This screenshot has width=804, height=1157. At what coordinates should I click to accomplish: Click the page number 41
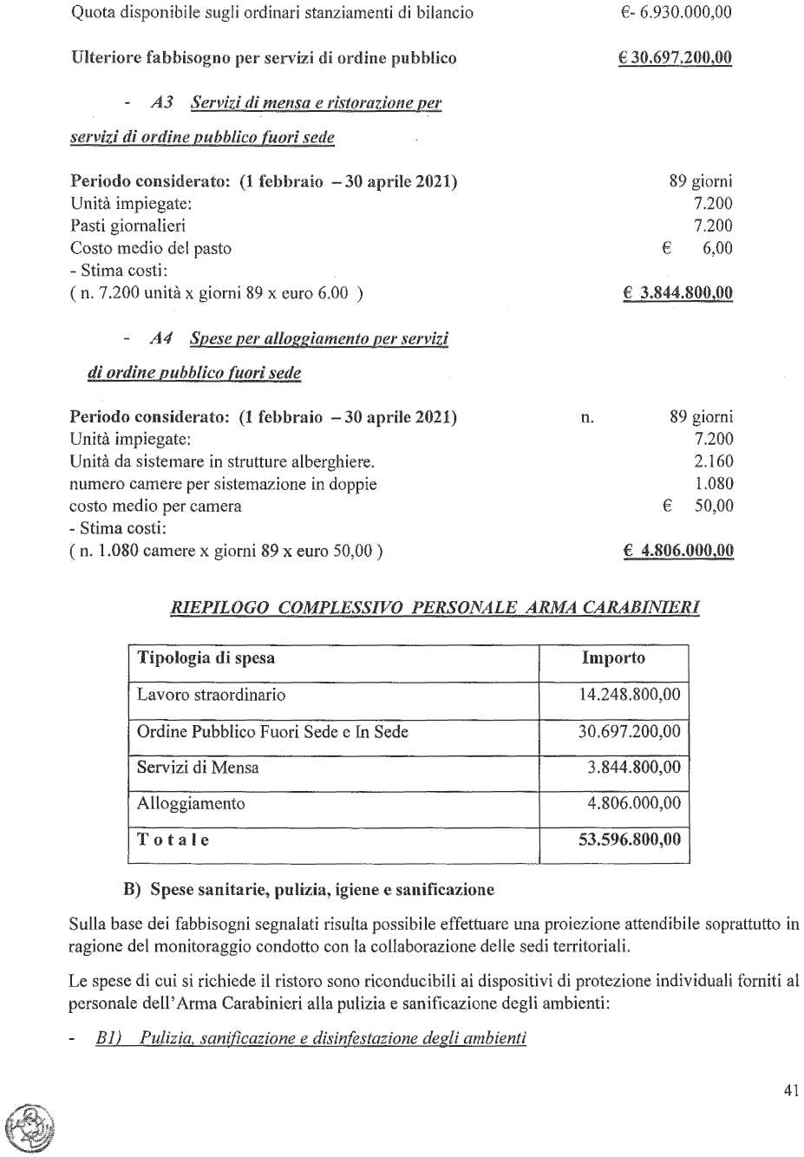pyautogui.click(x=790, y=1091)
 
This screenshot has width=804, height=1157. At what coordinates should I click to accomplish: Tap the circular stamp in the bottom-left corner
pyautogui.click(x=25, y=1128)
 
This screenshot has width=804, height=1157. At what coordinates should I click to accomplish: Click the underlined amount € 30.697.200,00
pyautogui.click(x=675, y=58)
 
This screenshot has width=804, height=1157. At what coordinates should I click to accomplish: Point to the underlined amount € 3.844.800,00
pyautogui.click(x=677, y=292)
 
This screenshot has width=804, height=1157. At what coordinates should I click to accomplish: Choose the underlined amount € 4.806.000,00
pyautogui.click(x=678, y=551)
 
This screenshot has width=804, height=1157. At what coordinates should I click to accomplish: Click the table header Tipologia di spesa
pyautogui.click(x=206, y=657)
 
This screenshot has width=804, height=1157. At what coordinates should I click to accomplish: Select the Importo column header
pyautogui.click(x=613, y=657)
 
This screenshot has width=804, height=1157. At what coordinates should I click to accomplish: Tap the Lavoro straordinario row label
pyautogui.click(x=211, y=695)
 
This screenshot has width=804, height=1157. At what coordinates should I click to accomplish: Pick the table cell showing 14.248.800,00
pyautogui.click(x=629, y=695)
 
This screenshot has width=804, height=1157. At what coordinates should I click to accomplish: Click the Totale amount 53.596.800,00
pyautogui.click(x=629, y=840)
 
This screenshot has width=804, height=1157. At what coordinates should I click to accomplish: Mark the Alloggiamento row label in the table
pyautogui.click(x=191, y=803)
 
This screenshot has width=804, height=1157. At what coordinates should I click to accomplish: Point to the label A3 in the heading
pyautogui.click(x=161, y=102)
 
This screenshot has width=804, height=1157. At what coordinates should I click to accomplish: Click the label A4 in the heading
pyautogui.click(x=160, y=338)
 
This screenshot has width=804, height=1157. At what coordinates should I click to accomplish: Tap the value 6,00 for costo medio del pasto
pyautogui.click(x=717, y=248)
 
